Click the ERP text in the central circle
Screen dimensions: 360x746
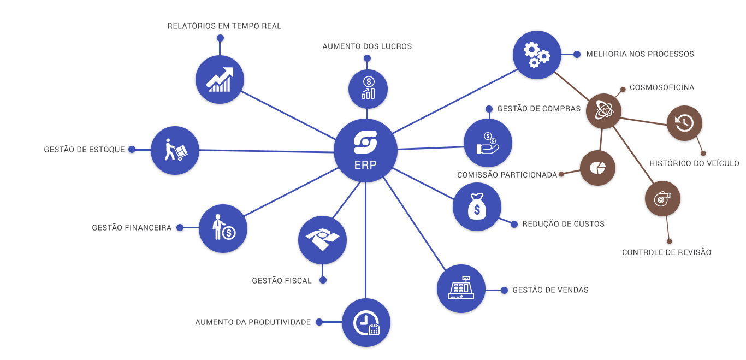pos(365,165)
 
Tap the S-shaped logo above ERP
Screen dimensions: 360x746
pos(365,142)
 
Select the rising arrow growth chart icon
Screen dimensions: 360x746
pos(220,80)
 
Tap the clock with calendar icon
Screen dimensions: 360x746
pos(366,322)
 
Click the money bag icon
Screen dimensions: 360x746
pos(477,207)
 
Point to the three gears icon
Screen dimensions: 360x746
pos(536,55)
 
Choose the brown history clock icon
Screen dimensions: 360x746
pos(684,123)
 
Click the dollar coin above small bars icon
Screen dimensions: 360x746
pos(368,89)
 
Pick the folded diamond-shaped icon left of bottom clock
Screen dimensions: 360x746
pos(322,240)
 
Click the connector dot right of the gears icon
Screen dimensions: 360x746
pos(577,54)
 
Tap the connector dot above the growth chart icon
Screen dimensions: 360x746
pos(220,38)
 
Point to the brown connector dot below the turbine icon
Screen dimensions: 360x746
pos(668,240)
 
